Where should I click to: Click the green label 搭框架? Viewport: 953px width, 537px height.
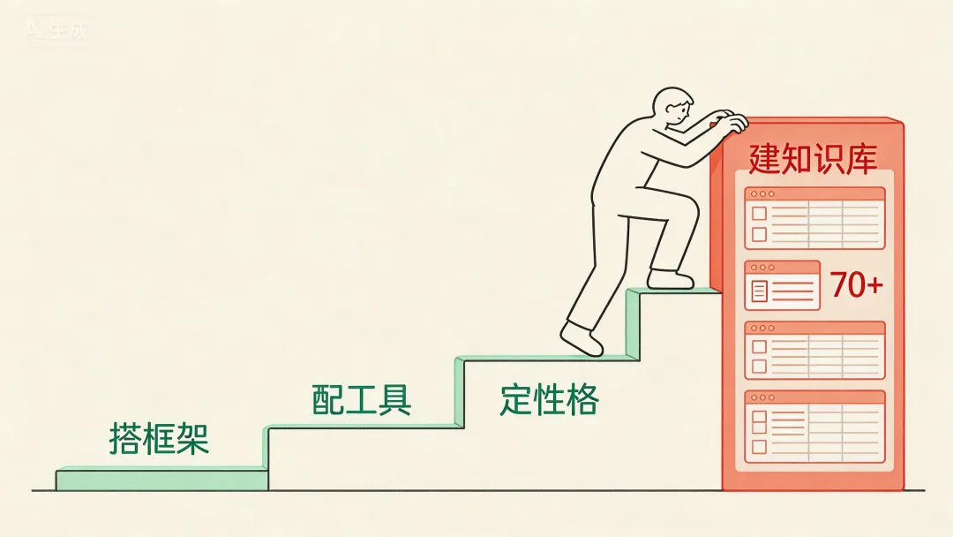(159, 438)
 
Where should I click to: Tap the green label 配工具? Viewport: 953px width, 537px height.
(362, 400)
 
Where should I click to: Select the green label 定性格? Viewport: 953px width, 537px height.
(549, 400)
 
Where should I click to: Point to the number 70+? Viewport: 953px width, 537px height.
(856, 285)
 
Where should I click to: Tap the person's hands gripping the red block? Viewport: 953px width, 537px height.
(732, 121)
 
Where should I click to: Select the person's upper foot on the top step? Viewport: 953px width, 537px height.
(672, 279)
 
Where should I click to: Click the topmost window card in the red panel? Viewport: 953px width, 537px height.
(814, 217)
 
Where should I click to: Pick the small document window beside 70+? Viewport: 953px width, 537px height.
(782, 285)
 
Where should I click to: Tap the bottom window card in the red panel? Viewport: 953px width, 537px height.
(814, 427)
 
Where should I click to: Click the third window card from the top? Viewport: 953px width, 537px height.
(814, 350)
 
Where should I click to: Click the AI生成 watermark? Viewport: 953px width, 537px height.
(56, 31)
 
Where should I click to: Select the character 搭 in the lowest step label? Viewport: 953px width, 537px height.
(126, 438)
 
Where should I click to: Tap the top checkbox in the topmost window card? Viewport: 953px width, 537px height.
(759, 214)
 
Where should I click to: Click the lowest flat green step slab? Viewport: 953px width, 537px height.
(161, 479)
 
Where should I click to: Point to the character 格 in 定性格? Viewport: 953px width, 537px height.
(582, 400)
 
